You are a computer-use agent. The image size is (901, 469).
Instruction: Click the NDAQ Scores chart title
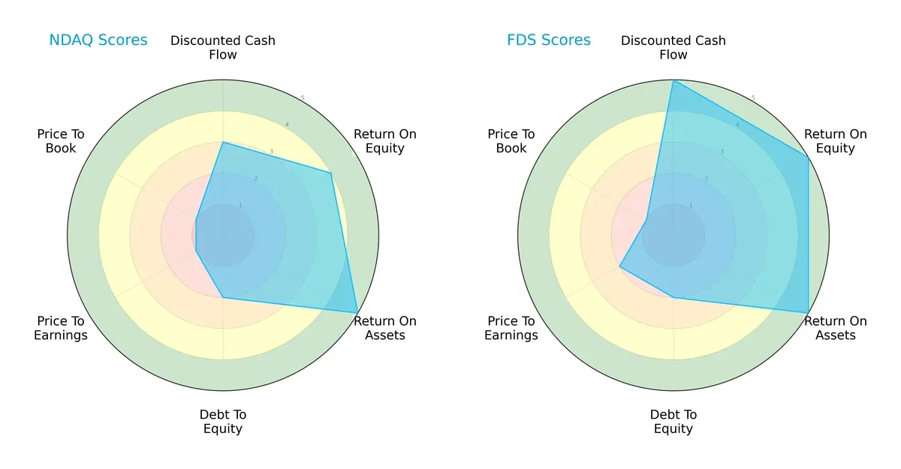[x=98, y=41]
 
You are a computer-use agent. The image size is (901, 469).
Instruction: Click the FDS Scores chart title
[x=548, y=41]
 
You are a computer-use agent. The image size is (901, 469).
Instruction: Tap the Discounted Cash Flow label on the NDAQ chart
[x=223, y=47]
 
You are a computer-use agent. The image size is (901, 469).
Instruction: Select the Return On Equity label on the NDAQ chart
[x=385, y=141]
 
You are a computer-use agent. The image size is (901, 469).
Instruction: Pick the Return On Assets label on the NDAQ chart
[x=385, y=328]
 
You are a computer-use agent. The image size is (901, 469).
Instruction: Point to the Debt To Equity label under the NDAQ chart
[x=223, y=422]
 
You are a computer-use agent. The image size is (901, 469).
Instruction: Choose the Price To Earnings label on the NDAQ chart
[x=61, y=328]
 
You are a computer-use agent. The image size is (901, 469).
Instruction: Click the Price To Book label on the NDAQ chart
[x=61, y=141]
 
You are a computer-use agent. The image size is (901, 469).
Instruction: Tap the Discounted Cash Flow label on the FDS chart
[x=673, y=47]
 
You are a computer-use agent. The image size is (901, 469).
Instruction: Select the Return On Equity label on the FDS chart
[x=836, y=141]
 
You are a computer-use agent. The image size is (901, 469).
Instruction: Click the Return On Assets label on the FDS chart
[x=836, y=328]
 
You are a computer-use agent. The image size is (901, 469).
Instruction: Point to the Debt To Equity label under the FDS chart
[x=673, y=422]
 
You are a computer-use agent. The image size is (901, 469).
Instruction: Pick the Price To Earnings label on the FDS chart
[x=511, y=328]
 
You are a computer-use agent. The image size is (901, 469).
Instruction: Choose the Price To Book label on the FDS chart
[x=511, y=141]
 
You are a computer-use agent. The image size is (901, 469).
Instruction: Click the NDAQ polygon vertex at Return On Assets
[x=357, y=313]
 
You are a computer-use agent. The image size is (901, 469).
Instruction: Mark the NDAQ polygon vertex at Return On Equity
[x=331, y=173]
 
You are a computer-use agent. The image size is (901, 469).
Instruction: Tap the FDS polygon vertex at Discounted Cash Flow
[x=673, y=80]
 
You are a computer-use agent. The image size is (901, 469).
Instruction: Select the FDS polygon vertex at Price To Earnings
[x=619, y=266]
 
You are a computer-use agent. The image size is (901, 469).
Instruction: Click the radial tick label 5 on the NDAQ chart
[x=303, y=98]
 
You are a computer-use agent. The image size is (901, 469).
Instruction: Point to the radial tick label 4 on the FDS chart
[x=737, y=125]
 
